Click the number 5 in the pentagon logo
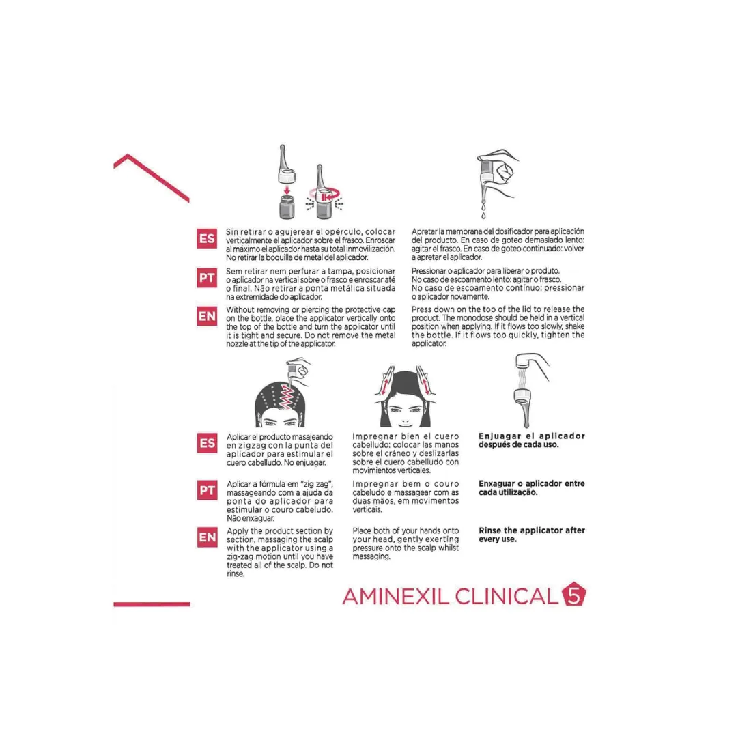click(x=574, y=595)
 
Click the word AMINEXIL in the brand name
click(x=395, y=597)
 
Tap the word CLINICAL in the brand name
click(x=507, y=597)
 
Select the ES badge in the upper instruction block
click(x=207, y=239)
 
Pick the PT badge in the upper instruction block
click(x=207, y=278)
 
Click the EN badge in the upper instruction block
click(x=207, y=316)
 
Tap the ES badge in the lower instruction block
click(x=208, y=443)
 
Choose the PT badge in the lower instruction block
click(x=208, y=490)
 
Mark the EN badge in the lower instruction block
click(x=208, y=537)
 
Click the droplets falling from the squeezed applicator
click(x=483, y=210)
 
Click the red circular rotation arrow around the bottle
click(x=324, y=195)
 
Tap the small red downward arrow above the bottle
click(x=287, y=190)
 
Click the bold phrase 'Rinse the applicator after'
click(x=532, y=530)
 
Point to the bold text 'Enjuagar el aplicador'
click(x=532, y=436)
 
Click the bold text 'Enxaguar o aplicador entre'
click(x=532, y=483)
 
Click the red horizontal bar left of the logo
click(x=152, y=604)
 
